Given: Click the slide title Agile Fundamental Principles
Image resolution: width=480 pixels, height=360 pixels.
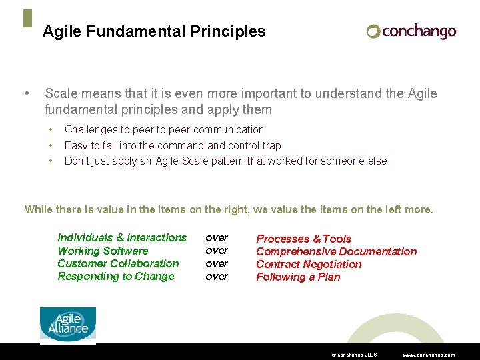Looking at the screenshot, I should tap(154, 31).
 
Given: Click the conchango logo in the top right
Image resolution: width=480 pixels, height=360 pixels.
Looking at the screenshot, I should tap(411, 31).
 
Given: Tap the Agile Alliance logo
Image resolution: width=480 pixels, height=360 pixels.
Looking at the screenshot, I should tap(68, 325).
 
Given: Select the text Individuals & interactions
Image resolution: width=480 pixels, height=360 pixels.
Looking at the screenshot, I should tap(122, 237).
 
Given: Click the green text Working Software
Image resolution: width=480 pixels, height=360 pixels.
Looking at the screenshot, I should tap(103, 251).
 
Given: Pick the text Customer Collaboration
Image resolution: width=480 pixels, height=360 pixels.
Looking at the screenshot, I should tap(118, 263).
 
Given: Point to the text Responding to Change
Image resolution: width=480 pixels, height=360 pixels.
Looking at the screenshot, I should tap(115, 276).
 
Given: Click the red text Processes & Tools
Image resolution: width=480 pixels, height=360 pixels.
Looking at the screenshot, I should tap(303, 239).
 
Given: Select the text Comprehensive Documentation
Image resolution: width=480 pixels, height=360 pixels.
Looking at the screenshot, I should tap(336, 251).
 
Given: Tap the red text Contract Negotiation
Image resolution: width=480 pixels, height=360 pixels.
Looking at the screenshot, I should tap(309, 264).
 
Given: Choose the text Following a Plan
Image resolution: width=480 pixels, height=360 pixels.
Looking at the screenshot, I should tap(298, 277).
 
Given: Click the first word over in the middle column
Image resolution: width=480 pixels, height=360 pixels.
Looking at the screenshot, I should tap(217, 237).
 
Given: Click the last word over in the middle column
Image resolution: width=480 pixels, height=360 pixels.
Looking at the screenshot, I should tap(217, 276).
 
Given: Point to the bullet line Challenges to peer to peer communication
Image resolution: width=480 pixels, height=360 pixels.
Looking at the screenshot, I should tap(164, 129).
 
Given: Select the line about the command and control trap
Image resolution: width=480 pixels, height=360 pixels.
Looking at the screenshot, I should tap(173, 145).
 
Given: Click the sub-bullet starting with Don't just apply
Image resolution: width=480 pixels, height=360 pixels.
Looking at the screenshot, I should tap(225, 161).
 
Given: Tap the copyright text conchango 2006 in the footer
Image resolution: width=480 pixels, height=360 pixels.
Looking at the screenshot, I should tap(354, 355).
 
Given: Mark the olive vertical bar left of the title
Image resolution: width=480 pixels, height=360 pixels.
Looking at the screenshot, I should tap(27, 19).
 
